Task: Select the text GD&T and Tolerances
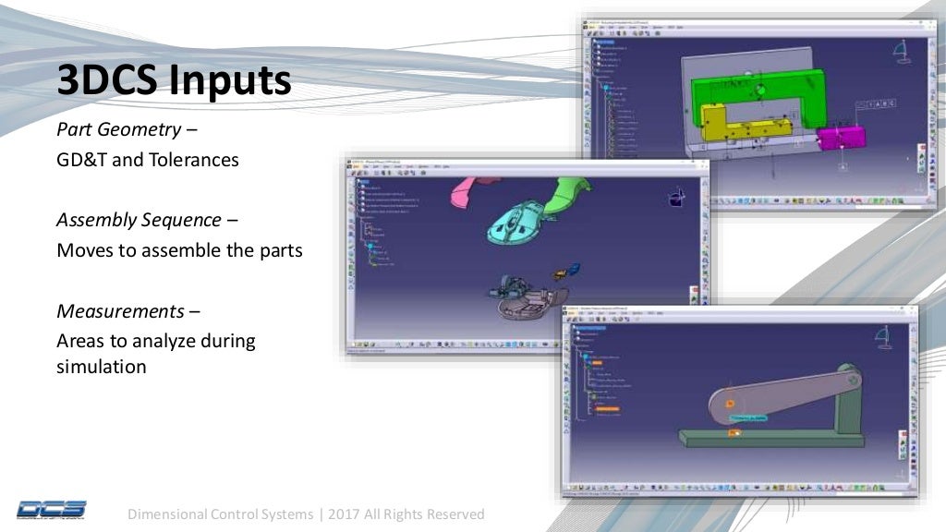pyautogui.click(x=148, y=160)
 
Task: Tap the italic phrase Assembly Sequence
pyautogui.click(x=139, y=220)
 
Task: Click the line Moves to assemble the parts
pyautogui.click(x=179, y=250)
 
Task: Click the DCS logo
pyautogui.click(x=52, y=509)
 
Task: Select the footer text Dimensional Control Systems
pyautogui.click(x=221, y=514)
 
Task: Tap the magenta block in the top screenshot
pyautogui.click(x=841, y=138)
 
